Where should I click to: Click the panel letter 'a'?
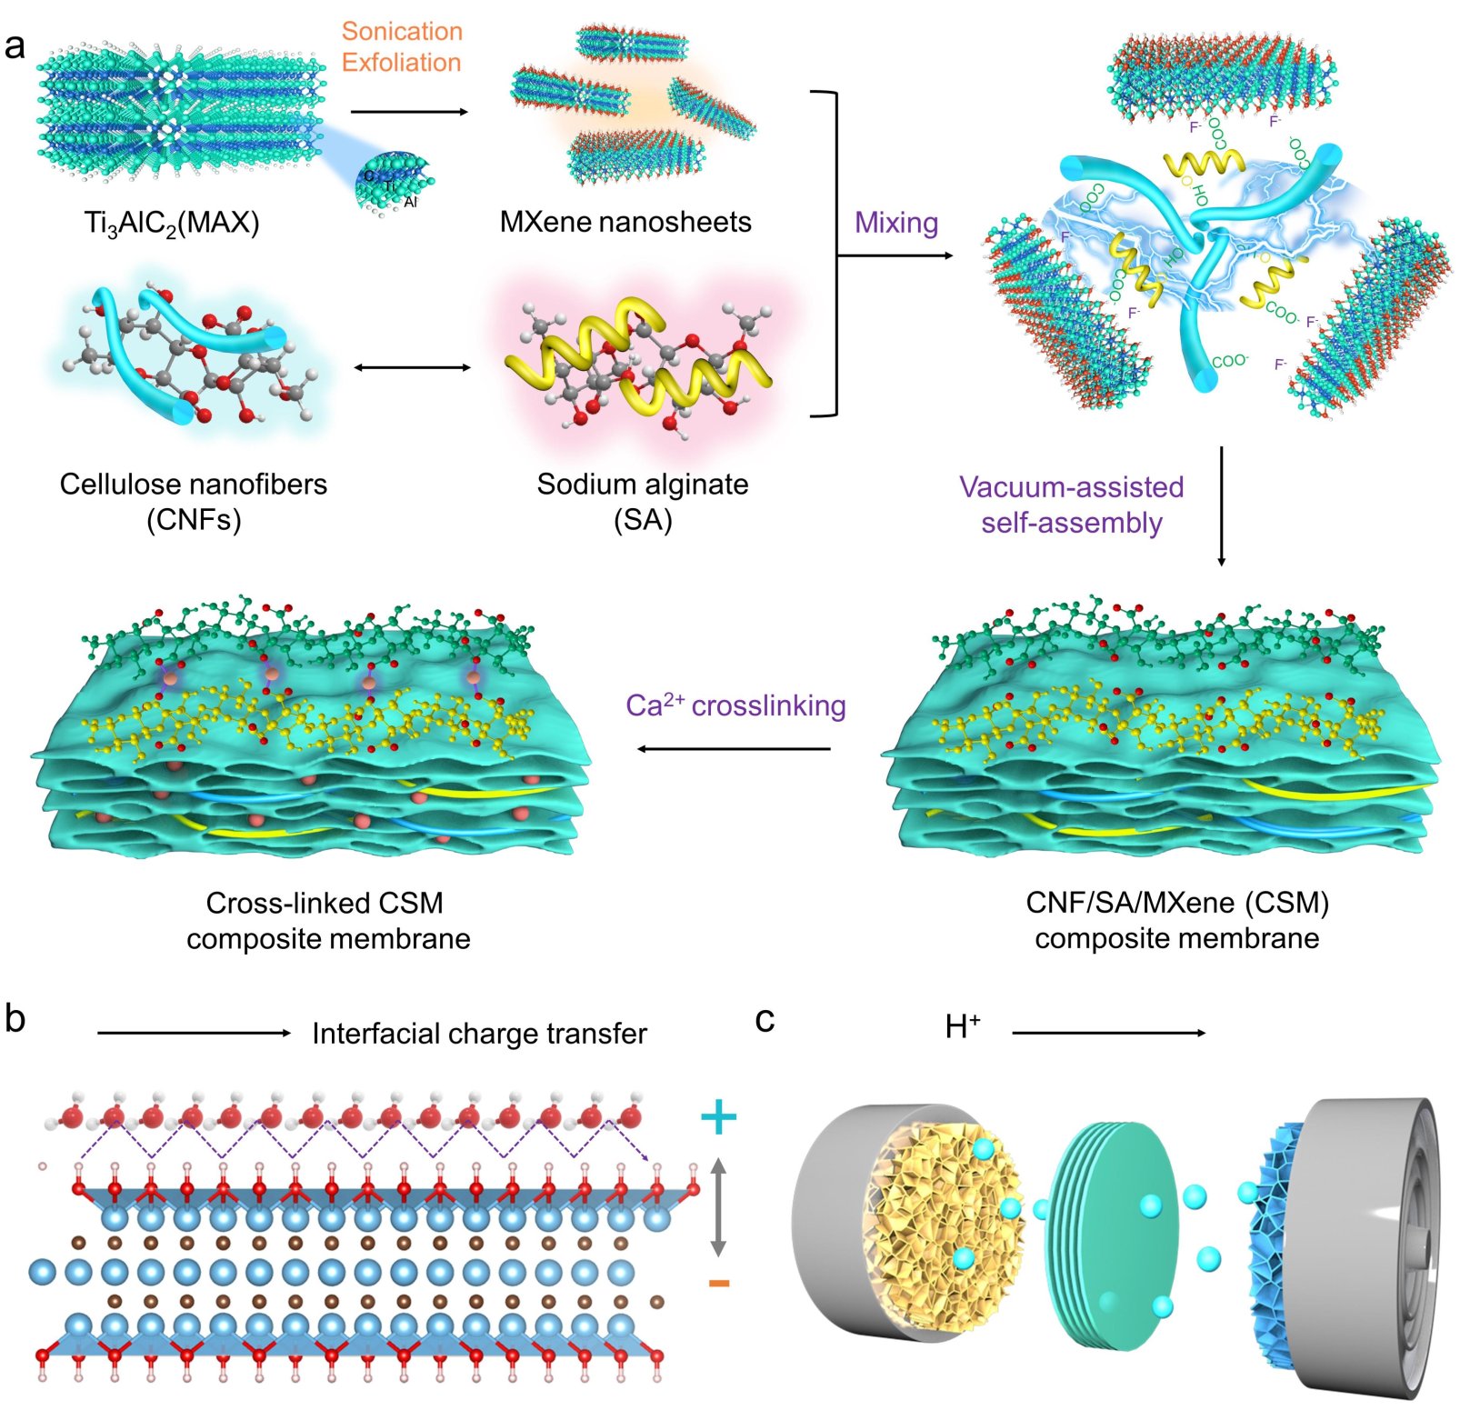(x=15, y=45)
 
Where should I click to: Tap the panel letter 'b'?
(x=15, y=1019)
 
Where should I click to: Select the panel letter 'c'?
(x=765, y=1020)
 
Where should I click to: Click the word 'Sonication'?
(x=402, y=32)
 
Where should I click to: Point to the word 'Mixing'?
(x=895, y=223)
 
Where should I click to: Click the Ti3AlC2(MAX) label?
(x=172, y=223)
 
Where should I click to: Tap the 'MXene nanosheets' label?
(x=625, y=222)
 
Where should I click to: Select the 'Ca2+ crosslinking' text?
(x=735, y=705)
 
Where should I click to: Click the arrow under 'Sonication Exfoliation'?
(x=408, y=112)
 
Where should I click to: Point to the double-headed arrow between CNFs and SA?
(x=412, y=367)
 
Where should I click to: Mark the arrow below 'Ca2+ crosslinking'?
(x=734, y=749)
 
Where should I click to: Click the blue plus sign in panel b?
(x=718, y=1116)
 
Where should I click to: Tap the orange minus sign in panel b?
(x=718, y=1283)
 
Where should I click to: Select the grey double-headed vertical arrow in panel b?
(x=718, y=1206)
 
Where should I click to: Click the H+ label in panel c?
(x=963, y=1027)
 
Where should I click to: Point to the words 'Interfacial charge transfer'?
(x=479, y=1034)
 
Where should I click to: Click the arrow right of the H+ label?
(x=1108, y=1033)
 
